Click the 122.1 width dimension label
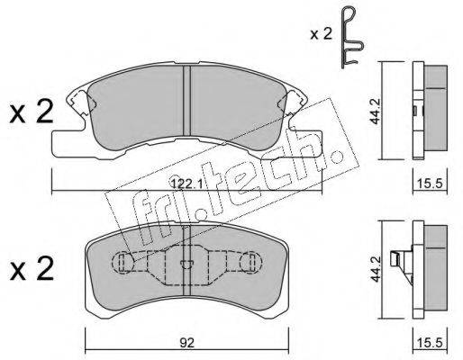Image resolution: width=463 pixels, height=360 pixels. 186,184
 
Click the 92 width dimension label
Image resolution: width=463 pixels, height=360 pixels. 186,343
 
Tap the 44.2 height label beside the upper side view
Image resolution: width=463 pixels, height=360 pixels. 375,111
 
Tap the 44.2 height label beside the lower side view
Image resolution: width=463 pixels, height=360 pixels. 375,269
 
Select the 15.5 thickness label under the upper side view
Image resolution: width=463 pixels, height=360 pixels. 430,184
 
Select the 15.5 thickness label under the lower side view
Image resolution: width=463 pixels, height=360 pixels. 430,343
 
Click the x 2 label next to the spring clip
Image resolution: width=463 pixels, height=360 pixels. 322,34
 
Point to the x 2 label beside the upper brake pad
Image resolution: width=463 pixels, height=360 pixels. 32,112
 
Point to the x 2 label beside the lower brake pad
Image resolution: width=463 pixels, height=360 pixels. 32,268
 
